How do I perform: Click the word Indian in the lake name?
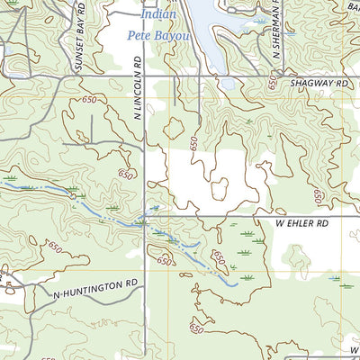[161, 15]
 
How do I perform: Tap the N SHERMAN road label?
[278, 31]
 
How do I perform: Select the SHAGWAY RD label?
[318, 83]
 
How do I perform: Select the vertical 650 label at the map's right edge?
[317, 194]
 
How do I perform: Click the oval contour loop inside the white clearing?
[218, 188]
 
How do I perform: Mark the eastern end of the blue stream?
[237, 283]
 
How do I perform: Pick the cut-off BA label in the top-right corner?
[353, 4]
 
